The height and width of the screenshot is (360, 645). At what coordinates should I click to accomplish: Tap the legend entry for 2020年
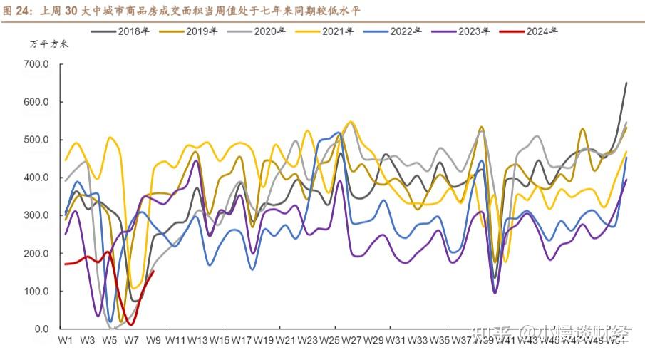[257, 31]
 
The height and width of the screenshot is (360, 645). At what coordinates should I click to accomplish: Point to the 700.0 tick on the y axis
[36, 64]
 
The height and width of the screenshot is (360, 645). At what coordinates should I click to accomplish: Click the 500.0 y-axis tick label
[36, 140]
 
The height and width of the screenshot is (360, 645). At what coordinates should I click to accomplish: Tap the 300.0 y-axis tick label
[36, 215]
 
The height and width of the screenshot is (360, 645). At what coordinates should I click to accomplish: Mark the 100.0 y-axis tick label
[36, 291]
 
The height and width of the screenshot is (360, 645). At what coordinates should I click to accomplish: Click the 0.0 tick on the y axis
[41, 329]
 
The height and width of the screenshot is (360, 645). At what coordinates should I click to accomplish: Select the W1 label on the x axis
[66, 341]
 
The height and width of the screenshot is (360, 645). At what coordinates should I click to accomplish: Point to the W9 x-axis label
[153, 341]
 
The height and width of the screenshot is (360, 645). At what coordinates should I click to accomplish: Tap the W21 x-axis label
[286, 341]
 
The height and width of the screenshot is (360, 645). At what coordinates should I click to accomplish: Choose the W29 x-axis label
[374, 341]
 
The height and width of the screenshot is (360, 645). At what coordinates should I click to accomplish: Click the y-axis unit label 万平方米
[49, 44]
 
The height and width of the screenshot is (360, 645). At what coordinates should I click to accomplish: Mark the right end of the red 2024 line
[154, 271]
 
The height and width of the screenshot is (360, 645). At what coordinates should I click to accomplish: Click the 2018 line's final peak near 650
[626, 83]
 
